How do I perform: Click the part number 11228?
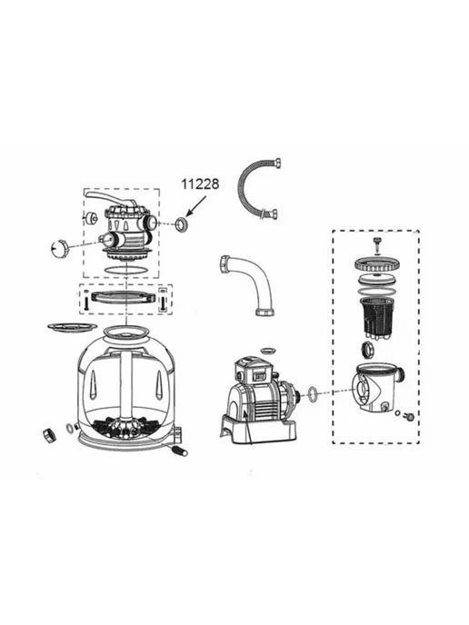point(200,184)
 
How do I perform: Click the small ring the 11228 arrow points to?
point(183,224)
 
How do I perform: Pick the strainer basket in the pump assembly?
point(374,317)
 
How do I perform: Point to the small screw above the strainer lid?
point(376,243)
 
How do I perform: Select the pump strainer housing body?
point(377,387)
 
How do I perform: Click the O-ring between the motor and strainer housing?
point(314,392)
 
